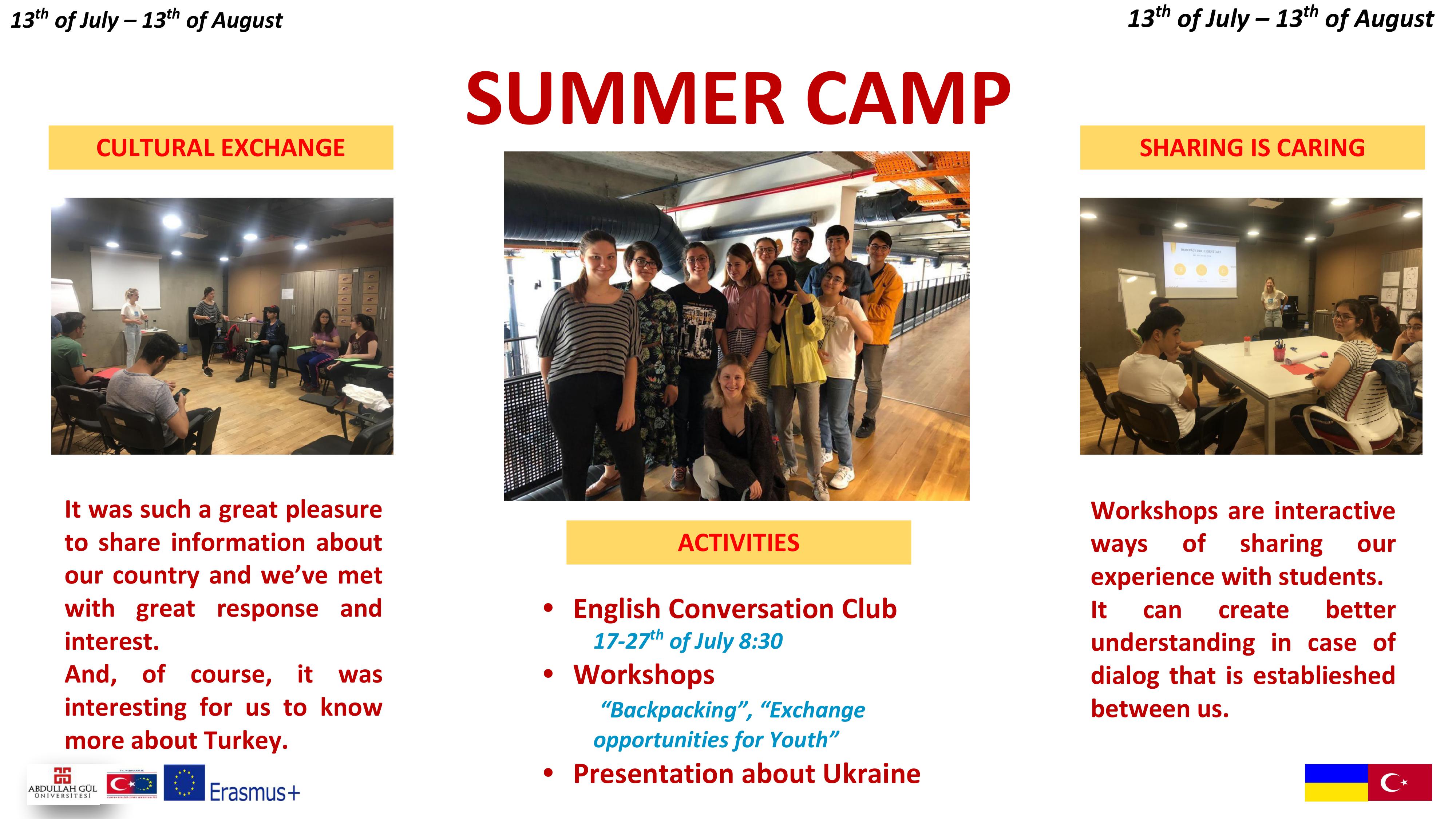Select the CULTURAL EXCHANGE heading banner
tap(221, 147)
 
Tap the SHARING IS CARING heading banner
tap(1252, 147)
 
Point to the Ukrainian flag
tap(1336, 782)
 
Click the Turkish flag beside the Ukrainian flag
tap(1400, 782)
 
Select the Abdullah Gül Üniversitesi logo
tap(63, 784)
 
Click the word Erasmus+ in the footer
tap(254, 792)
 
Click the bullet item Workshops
tap(644, 675)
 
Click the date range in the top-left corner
tap(146, 20)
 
